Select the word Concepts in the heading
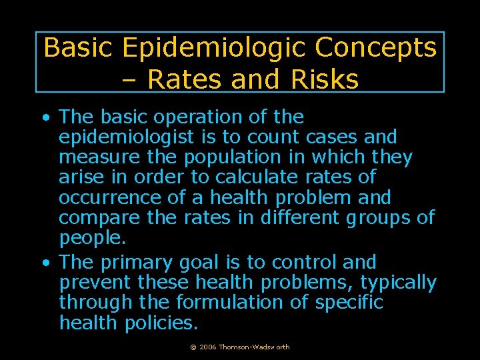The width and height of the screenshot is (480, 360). click(x=375, y=48)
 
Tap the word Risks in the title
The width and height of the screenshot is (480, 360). click(x=325, y=79)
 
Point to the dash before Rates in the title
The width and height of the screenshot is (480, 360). click(x=131, y=80)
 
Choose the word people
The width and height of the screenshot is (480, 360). click(x=90, y=238)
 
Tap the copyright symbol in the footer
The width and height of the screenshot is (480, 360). click(x=193, y=347)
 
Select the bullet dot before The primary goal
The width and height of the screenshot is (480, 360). click(x=45, y=263)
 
